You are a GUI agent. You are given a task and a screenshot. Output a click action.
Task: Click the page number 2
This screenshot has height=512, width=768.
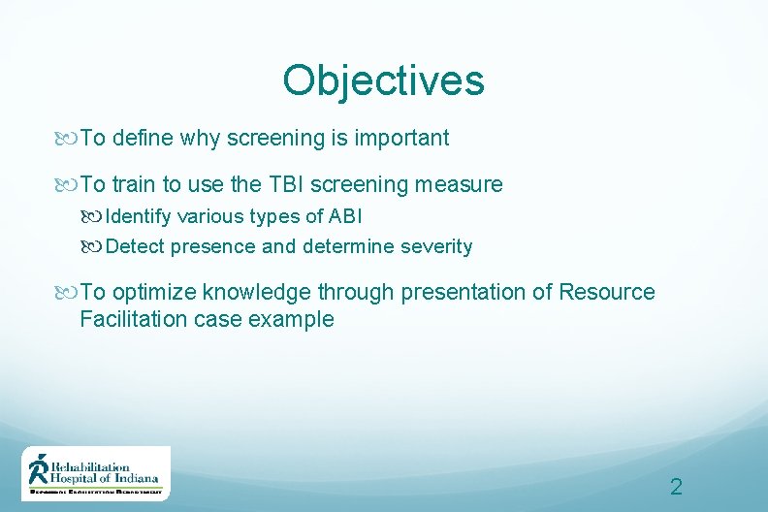click(x=676, y=487)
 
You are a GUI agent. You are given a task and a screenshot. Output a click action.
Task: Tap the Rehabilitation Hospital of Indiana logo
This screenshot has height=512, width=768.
click(x=96, y=473)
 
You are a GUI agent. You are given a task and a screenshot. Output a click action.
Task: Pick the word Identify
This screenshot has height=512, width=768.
click(x=139, y=215)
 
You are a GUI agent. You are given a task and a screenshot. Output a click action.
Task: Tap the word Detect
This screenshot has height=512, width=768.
click(x=135, y=246)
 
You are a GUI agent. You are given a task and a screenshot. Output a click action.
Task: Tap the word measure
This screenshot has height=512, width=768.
click(x=463, y=184)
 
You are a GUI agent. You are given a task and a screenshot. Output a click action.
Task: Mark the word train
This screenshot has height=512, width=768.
click(x=134, y=184)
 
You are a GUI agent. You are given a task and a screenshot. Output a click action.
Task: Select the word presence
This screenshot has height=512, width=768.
click(x=213, y=246)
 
